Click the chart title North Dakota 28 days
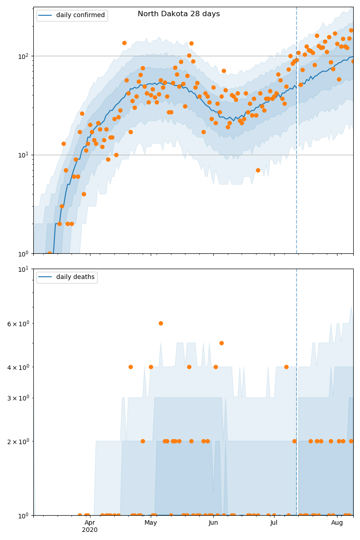pyautogui.click(x=179, y=14)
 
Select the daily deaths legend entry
pyautogui.click(x=75, y=277)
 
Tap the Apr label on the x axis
pyautogui.click(x=90, y=522)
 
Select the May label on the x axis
pyautogui.click(x=151, y=522)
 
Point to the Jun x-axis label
pyautogui.click(x=213, y=522)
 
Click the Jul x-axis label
pyautogui.click(x=274, y=522)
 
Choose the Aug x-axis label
pyautogui.click(x=337, y=522)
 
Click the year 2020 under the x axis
pyautogui.click(x=90, y=530)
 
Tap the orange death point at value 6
pyautogui.click(x=161, y=323)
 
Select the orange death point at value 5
pyautogui.click(x=221, y=343)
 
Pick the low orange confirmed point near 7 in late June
pyautogui.click(x=258, y=170)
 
